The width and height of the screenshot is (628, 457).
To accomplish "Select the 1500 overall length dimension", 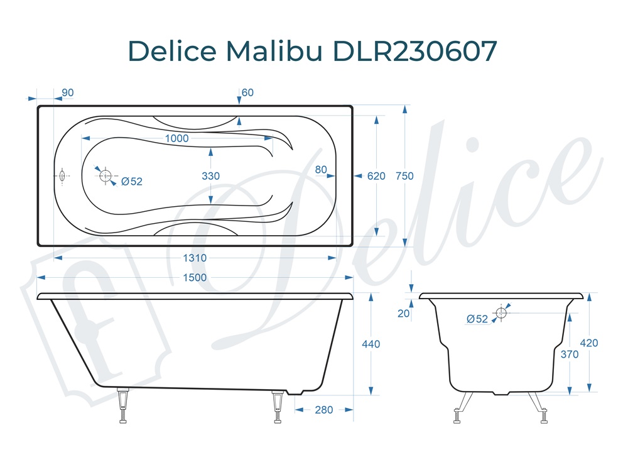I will click(x=195, y=278).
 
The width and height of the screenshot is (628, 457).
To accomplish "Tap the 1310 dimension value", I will click(x=195, y=258).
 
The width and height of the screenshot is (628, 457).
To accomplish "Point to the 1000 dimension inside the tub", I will click(x=177, y=138).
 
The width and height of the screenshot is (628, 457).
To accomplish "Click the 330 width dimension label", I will click(x=211, y=176).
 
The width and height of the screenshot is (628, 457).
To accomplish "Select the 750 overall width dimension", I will click(x=405, y=176).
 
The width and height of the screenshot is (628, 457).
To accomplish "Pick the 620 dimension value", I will click(x=376, y=176).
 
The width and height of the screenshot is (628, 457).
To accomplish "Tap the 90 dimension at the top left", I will click(x=68, y=93).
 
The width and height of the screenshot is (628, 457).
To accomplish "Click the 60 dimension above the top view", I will click(x=247, y=93).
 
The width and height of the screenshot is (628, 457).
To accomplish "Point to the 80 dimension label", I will click(x=321, y=169).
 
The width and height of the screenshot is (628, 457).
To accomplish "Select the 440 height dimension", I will click(x=371, y=344).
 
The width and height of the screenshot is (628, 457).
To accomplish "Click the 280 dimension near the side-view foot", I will click(x=323, y=410).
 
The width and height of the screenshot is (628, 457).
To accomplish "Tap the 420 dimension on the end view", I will click(x=589, y=343).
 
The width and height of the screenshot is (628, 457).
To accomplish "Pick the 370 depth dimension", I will click(x=569, y=354).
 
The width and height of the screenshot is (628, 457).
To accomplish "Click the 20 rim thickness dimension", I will click(x=403, y=314).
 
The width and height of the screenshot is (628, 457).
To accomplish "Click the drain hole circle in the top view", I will click(x=105, y=175).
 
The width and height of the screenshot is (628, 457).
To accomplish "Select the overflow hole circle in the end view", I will click(x=501, y=312).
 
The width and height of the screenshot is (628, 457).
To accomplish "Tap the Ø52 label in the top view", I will click(x=132, y=182).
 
